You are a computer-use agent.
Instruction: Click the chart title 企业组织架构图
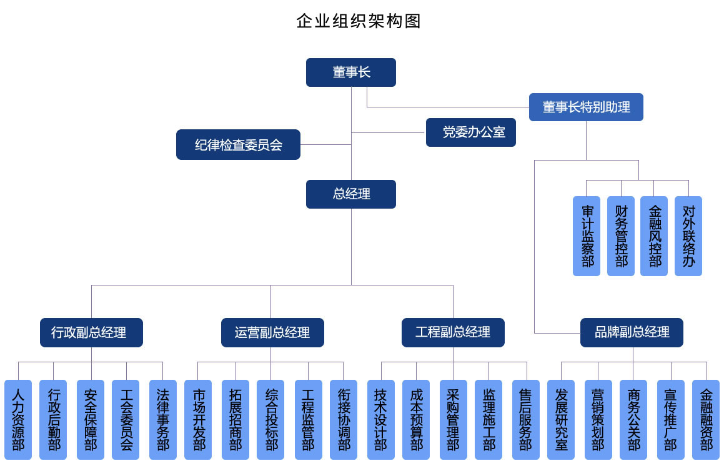(x=359, y=21)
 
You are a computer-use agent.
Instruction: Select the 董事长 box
(x=351, y=72)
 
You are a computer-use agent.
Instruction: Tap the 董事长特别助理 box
(x=586, y=107)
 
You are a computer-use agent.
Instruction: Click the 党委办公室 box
(x=471, y=132)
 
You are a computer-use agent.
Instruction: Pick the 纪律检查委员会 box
(x=238, y=145)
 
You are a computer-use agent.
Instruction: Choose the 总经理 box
(x=351, y=194)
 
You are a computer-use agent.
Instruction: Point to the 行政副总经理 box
(x=92, y=332)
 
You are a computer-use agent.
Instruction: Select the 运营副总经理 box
(x=272, y=332)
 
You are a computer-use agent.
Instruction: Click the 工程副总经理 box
(x=453, y=332)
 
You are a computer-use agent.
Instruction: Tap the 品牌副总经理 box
(x=632, y=332)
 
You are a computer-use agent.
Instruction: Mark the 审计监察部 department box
(x=587, y=236)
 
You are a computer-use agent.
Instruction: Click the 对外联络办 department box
(x=688, y=236)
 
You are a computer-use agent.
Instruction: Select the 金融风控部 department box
(x=654, y=236)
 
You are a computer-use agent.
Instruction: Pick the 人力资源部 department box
(x=18, y=420)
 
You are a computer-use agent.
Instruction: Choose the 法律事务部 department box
(x=163, y=420)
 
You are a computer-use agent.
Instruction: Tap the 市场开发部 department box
(x=199, y=420)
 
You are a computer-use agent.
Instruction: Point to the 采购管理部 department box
(x=453, y=420)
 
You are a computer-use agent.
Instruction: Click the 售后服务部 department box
(x=526, y=420)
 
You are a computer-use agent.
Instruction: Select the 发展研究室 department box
(x=561, y=420)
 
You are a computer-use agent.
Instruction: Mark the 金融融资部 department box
(x=706, y=420)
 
